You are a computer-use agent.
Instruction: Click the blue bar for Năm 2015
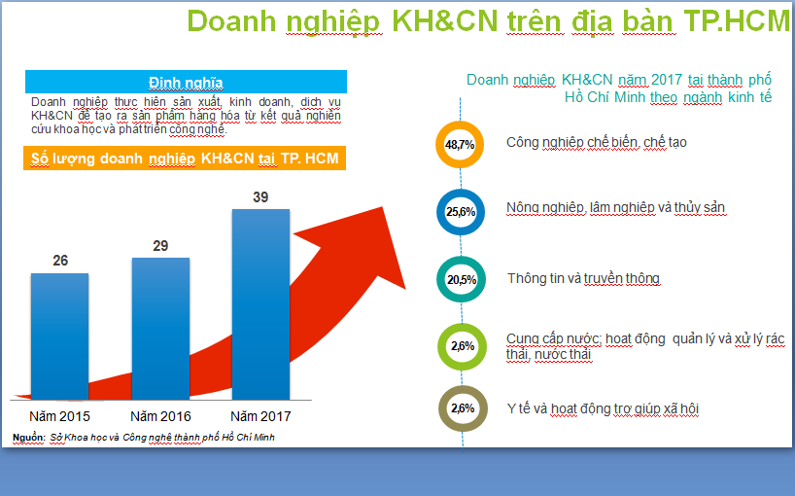(60, 337)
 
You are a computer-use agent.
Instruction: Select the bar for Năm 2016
(160, 329)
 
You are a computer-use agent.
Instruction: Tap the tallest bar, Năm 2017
(261, 304)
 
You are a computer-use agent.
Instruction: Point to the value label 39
(260, 196)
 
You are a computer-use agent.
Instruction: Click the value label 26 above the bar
(60, 261)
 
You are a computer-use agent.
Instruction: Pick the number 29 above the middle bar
(160, 245)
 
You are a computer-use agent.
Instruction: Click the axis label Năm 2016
(160, 416)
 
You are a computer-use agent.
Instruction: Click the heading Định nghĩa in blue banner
(186, 83)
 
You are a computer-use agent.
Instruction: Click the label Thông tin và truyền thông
(583, 278)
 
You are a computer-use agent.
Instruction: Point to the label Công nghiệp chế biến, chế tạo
(597, 143)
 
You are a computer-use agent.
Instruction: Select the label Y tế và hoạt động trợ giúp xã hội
(603, 408)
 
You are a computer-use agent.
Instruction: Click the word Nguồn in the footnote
(29, 438)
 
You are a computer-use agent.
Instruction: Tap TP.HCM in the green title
(738, 21)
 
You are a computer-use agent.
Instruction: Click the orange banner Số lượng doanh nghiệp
(185, 159)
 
